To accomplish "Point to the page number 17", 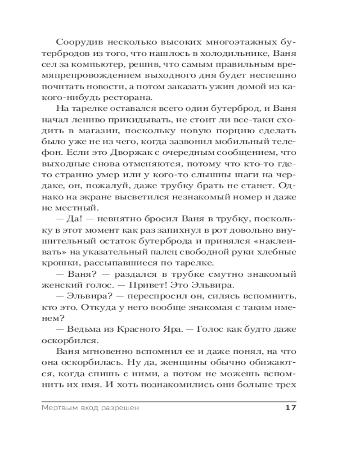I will (290, 408).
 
